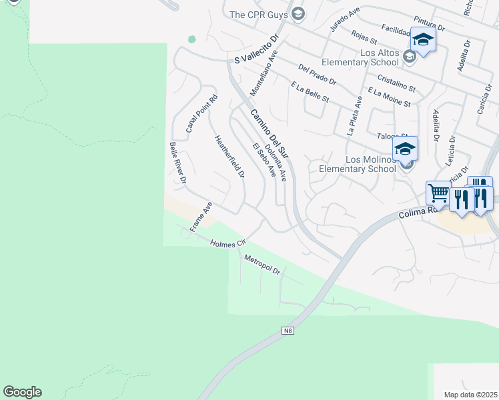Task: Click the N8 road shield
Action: pos(288,330)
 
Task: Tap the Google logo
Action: pos(22,392)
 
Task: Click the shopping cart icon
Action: pos(438,193)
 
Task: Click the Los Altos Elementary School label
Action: pos(360,57)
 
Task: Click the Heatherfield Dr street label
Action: pos(229,157)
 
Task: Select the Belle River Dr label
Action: pos(177,163)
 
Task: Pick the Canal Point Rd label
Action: pos(201,113)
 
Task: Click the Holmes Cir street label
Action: pos(228,243)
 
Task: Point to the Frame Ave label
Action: pos(200,217)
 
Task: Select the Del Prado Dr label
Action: pos(318,75)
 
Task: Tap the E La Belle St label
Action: pos(310,92)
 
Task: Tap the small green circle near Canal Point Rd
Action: pos(192,39)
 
